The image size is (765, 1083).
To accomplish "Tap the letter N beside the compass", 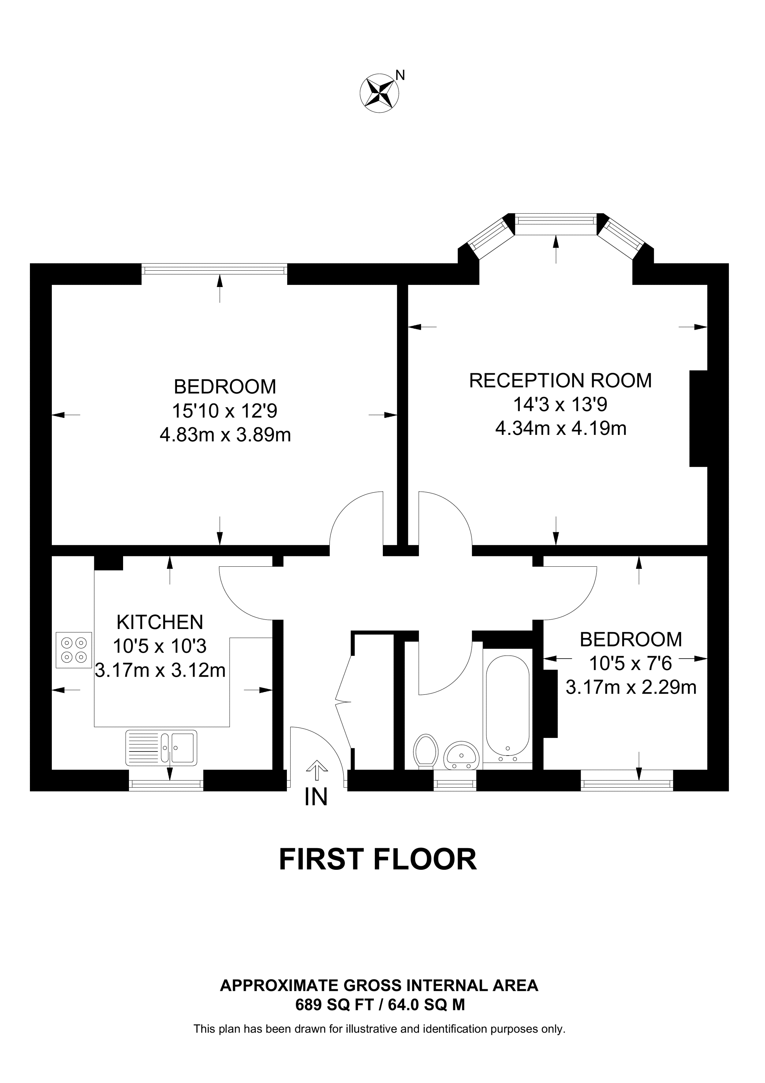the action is click(x=400, y=75).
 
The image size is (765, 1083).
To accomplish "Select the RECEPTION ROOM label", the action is click(x=561, y=380).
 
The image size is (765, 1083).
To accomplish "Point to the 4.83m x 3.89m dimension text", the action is click(x=225, y=435).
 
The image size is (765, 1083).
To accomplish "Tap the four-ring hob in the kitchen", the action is click(x=74, y=650).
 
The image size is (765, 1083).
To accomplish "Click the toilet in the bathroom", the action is click(x=426, y=751).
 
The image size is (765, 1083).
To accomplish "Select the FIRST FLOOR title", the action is click(x=378, y=859).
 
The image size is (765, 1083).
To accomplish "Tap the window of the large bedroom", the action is click(x=215, y=269).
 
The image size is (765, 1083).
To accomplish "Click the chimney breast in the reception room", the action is click(x=699, y=419).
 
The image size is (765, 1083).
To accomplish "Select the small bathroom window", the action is click(x=455, y=785).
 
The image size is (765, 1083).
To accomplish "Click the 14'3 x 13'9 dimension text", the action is click(x=561, y=404).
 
